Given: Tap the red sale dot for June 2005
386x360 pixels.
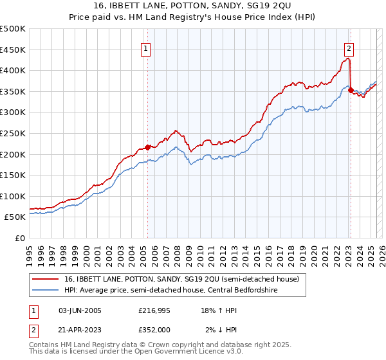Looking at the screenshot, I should point(147,147).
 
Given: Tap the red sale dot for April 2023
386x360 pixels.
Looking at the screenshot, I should point(351,91).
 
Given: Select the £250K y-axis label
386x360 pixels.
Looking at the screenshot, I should point(12,133).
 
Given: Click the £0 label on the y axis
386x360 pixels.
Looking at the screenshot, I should point(20,238).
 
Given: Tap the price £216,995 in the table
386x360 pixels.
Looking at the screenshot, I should point(154,310).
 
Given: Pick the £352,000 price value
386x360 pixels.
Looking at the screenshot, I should point(154,329).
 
